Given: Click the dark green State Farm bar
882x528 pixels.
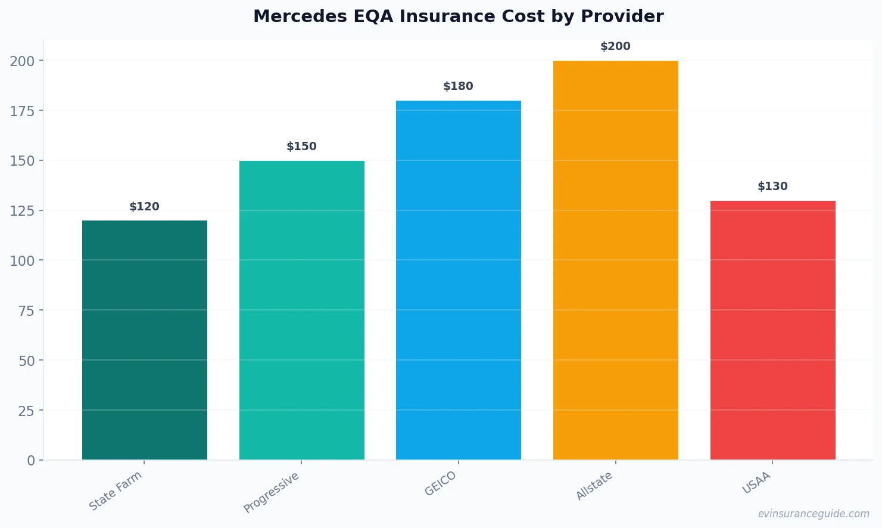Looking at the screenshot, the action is pos(145,340).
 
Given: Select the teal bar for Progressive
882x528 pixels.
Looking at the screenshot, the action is pos(301,310).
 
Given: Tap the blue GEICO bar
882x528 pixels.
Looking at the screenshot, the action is pos(459,280).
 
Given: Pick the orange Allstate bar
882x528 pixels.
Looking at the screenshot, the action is pos(615,260).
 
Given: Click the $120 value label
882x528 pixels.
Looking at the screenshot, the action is pos(145,207).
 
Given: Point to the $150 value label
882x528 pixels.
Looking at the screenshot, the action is pos(301,147).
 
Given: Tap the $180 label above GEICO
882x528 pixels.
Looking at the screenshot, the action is pos(459,86).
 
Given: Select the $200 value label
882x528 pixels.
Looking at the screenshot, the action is pos(615,46).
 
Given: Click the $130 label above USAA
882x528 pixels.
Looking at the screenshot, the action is pos(772,187).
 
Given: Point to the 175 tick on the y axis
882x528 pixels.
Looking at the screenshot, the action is pos(22,111).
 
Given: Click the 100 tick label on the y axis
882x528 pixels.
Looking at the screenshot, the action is pos(22,260).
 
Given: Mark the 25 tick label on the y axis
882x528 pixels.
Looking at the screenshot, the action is pos(26,411).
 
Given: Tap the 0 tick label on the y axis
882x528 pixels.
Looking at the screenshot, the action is pos(31,461).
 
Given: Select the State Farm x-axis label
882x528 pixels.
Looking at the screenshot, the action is pos(116,490).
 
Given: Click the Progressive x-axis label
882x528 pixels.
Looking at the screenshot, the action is pos(272,492).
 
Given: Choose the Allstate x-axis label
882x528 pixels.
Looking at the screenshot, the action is pos(594,486).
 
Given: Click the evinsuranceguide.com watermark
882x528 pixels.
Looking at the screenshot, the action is pos(814,514).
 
